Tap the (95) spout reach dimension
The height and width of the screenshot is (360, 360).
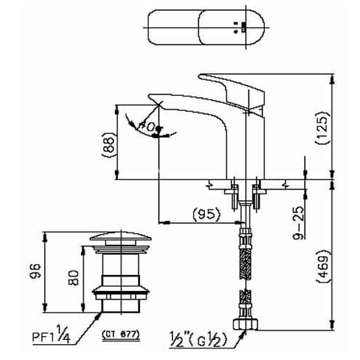(206, 215)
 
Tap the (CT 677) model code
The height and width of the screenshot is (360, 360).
(121, 334)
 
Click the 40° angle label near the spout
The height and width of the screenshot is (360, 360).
(148, 127)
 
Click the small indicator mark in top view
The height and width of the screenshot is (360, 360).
(243, 27)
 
